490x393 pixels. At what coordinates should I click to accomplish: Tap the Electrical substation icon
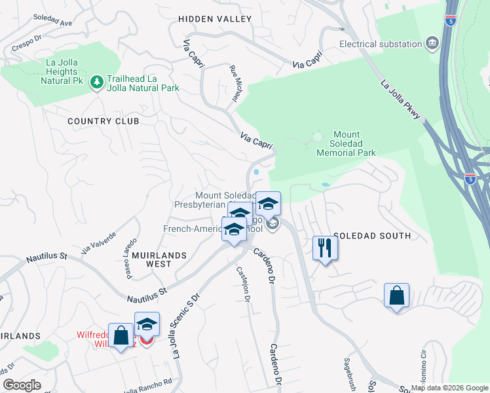click(432, 44)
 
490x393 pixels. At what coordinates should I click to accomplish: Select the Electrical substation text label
click(381, 44)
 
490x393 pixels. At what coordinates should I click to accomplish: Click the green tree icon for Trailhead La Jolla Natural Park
click(97, 81)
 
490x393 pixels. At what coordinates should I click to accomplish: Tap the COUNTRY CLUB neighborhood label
click(104, 121)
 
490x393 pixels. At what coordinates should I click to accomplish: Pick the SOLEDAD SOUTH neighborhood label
click(372, 236)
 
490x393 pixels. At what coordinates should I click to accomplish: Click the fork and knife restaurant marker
click(324, 248)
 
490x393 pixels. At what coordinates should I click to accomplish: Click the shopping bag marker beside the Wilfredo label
click(121, 336)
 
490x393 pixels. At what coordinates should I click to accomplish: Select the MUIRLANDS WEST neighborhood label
click(159, 259)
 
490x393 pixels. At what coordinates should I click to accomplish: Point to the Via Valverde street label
click(98, 243)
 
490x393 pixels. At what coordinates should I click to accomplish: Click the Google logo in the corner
click(22, 385)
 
